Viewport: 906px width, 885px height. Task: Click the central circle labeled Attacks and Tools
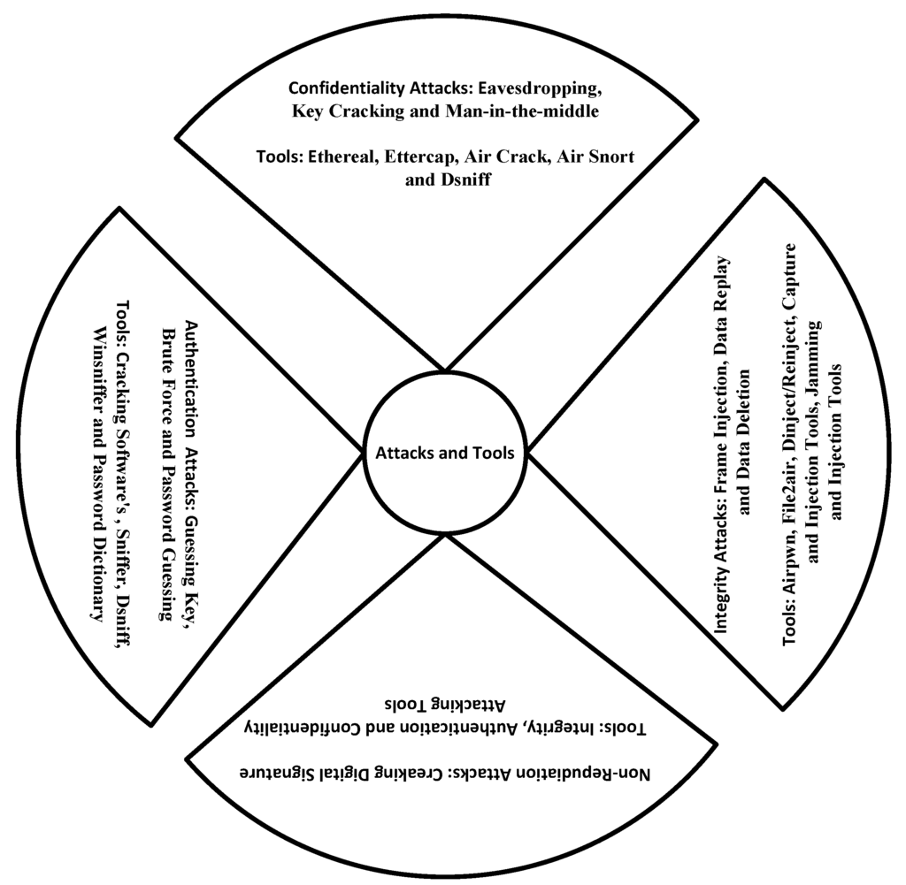coord(445,452)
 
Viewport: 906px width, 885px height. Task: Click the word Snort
coord(610,156)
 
